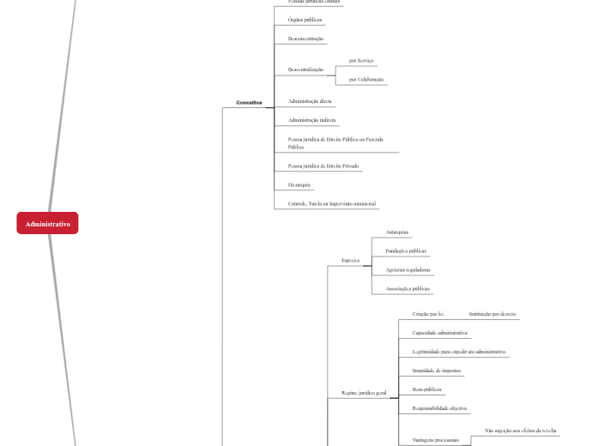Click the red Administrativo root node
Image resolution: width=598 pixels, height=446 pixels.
pyautogui.click(x=47, y=223)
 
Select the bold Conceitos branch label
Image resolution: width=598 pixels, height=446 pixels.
pyautogui.click(x=249, y=102)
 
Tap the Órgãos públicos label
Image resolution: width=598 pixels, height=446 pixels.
pyautogui.click(x=305, y=19)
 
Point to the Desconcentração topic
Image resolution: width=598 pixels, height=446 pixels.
pyautogui.click(x=306, y=39)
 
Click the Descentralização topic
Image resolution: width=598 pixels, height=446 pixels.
pyautogui.click(x=305, y=69)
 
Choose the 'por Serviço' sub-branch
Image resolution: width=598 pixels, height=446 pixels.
pyautogui.click(x=361, y=61)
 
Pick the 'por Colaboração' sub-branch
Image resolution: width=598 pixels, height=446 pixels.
pyautogui.click(x=366, y=79)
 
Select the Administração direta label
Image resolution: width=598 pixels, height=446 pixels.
pyautogui.click(x=310, y=101)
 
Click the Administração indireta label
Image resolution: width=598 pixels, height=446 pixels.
pyautogui.click(x=311, y=120)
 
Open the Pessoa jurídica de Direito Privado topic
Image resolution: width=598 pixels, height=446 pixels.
pyautogui.click(x=323, y=166)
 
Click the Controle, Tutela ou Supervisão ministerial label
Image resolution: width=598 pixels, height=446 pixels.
pyautogui.click(x=332, y=203)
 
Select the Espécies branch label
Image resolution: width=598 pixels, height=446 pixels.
pyautogui.click(x=350, y=259)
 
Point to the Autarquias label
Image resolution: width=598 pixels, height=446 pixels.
pyautogui.click(x=397, y=232)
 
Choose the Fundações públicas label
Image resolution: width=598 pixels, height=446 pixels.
pyautogui.click(x=406, y=250)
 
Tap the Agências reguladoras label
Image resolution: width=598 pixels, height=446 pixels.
pyautogui.click(x=408, y=269)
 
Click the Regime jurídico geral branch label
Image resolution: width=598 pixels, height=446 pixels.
pyautogui.click(x=364, y=393)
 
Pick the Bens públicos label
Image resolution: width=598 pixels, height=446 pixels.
pyautogui.click(x=426, y=389)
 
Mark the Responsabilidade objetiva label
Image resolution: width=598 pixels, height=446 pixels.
pyautogui.click(x=439, y=408)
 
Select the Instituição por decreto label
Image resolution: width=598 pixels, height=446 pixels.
pyautogui.click(x=492, y=314)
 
